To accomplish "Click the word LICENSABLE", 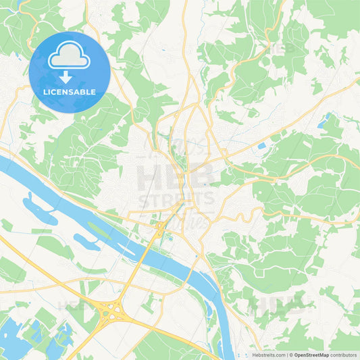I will (x=69, y=91).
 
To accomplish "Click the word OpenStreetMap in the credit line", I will (x=311, y=354).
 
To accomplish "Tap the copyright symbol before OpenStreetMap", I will (x=290, y=354).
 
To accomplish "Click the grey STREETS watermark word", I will (x=177, y=201).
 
